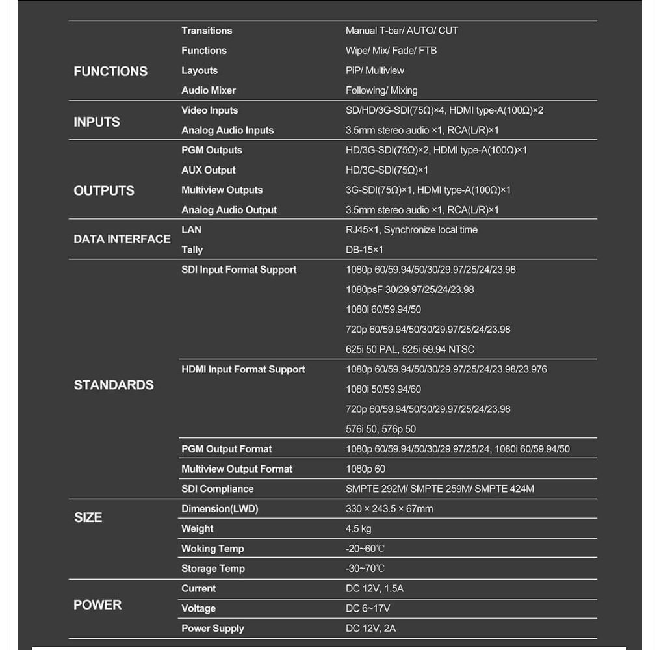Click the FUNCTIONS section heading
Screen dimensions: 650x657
[x=110, y=71]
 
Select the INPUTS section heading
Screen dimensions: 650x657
[x=97, y=122]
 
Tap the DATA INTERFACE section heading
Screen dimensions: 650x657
[x=122, y=239]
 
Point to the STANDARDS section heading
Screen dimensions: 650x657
[x=114, y=385]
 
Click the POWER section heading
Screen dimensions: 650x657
[x=97, y=605]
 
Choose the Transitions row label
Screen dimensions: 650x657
[x=207, y=31]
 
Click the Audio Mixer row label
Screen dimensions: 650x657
[x=209, y=90]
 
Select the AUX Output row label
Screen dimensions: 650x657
[x=209, y=170]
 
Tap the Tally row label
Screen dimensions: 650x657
[x=192, y=250]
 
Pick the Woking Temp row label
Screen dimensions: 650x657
[x=213, y=549]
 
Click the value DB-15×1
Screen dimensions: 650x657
[x=365, y=250]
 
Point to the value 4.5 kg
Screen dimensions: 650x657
[x=359, y=528]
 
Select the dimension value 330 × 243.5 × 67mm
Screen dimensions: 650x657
[x=389, y=509]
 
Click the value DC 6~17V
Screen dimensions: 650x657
[x=368, y=608]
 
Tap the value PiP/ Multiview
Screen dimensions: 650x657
[x=375, y=70]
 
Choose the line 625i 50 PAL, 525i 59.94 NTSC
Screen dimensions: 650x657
[x=410, y=349]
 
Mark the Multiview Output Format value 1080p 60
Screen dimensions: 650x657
[x=365, y=469]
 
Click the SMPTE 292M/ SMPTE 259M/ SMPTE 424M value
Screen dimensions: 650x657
[x=440, y=489]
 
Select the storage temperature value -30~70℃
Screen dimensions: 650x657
[x=365, y=569]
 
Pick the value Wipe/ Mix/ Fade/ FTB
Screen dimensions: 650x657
[x=391, y=51]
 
